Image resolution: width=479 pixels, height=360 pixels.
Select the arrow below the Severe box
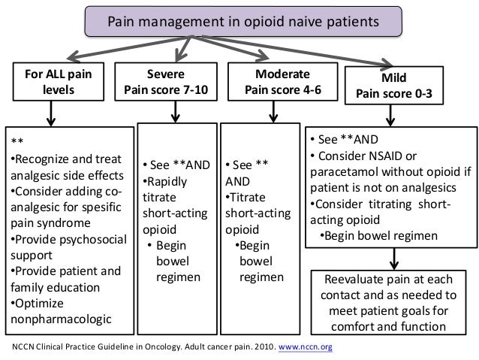click(x=176, y=113)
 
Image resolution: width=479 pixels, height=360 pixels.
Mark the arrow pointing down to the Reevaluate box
click(x=396, y=257)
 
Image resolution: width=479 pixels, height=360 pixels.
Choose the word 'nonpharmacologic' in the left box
click(x=57, y=320)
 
